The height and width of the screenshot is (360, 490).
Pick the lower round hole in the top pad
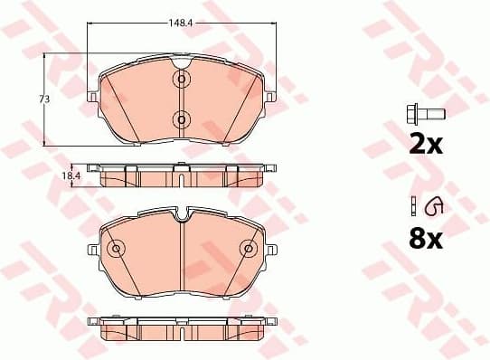pos(180,119)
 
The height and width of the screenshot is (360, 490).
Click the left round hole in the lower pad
pos(115,249)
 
